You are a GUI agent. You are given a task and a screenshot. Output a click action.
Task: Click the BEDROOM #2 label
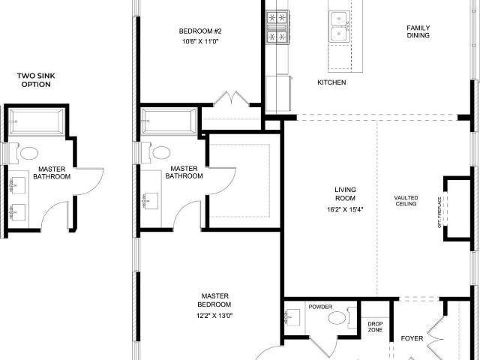[x=200, y=31]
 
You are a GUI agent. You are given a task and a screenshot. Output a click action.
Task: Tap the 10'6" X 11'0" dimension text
[x=200, y=42]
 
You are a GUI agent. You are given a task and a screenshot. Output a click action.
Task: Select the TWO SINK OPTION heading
[x=36, y=80]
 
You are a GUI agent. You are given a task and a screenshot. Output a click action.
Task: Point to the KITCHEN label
[x=331, y=82]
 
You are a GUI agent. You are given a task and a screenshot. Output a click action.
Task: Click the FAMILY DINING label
[x=418, y=31]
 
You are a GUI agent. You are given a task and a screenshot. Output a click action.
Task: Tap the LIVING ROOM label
[x=345, y=193]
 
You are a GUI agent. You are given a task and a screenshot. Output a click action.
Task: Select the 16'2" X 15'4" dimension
[x=345, y=210]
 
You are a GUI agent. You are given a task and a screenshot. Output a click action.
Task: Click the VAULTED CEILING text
[x=406, y=200]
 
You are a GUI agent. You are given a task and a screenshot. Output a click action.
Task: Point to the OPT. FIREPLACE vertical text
[x=439, y=212]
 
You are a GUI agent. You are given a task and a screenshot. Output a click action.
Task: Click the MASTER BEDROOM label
[x=214, y=300]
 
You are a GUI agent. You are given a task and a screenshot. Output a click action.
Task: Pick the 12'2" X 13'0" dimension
[x=214, y=316]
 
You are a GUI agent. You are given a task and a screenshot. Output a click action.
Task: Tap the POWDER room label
[x=320, y=307]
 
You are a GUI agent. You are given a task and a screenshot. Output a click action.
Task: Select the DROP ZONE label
[x=375, y=327]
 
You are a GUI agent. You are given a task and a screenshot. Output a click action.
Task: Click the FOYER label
[x=412, y=338]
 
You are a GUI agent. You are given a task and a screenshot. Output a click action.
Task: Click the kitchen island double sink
[x=339, y=26]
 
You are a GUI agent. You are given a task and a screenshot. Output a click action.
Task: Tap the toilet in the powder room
[x=342, y=317]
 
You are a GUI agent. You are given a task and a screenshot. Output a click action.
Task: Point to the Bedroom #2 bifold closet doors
[x=232, y=98]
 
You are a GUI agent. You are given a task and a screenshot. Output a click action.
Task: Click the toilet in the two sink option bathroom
[x=24, y=153]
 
